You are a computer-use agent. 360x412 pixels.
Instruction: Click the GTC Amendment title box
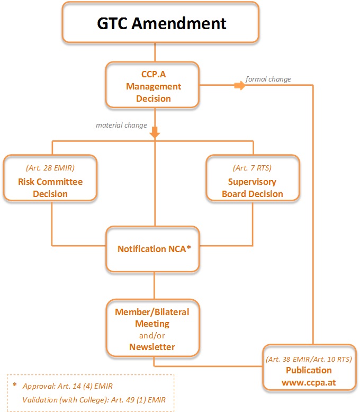point(160,22)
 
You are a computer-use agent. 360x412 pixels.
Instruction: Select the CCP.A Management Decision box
point(152,85)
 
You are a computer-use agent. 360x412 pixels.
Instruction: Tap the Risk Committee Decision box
point(50,178)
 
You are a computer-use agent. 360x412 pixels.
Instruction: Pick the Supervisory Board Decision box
point(253,178)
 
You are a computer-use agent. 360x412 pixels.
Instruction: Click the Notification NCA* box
point(152,249)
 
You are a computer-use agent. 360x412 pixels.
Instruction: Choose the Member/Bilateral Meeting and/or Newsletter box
point(153,328)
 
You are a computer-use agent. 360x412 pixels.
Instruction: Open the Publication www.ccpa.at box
point(309,368)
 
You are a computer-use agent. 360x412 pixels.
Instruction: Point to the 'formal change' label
point(268,79)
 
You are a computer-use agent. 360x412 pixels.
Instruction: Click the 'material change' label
point(121,125)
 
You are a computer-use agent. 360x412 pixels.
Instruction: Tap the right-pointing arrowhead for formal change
point(240,85)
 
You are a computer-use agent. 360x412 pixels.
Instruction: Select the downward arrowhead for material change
point(155,132)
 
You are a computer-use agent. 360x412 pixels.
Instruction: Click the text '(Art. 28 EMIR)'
point(50,168)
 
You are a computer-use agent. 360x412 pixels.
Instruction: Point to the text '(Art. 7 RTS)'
point(252,168)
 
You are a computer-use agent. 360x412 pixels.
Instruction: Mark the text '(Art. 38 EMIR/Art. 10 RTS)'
point(309,359)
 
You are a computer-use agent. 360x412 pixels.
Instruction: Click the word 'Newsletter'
point(152,347)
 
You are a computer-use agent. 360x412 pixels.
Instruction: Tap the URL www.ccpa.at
point(309,382)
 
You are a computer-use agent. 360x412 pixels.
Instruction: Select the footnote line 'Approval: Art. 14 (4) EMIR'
point(68,386)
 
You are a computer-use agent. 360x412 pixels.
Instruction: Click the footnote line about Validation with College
point(94,400)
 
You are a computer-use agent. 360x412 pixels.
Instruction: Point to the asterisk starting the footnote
point(15,385)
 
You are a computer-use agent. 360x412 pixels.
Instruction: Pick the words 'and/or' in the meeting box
point(152,336)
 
